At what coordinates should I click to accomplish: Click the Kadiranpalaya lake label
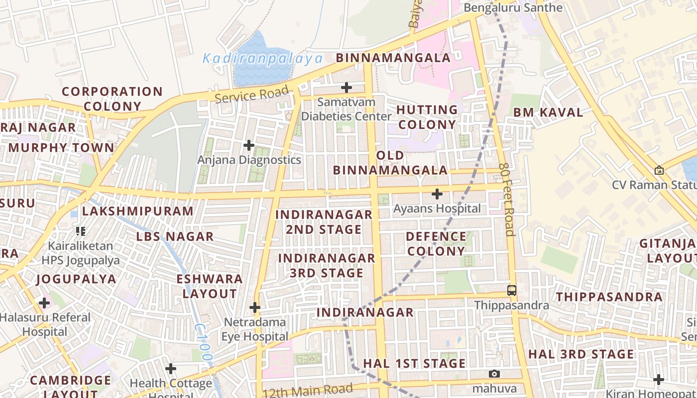pyautogui.click(x=262, y=59)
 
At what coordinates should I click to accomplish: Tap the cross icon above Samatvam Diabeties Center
pyautogui.click(x=347, y=88)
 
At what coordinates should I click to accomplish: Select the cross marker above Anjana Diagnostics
pyautogui.click(x=249, y=145)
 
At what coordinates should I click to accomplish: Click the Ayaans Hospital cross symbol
pyautogui.click(x=437, y=194)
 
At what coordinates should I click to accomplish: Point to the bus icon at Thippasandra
pyautogui.click(x=511, y=291)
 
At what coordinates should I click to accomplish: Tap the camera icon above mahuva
pyautogui.click(x=494, y=374)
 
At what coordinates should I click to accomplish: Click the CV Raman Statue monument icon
pyautogui.click(x=659, y=170)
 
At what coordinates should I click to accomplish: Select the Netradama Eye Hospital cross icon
pyautogui.click(x=255, y=307)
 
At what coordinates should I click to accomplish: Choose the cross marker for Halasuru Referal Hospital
pyautogui.click(x=44, y=302)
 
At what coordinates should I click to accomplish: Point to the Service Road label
pyautogui.click(x=252, y=94)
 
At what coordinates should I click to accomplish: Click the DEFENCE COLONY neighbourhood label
pyautogui.click(x=436, y=244)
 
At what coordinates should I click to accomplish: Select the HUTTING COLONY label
pyautogui.click(x=427, y=117)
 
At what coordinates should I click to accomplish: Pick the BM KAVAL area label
pyautogui.click(x=548, y=112)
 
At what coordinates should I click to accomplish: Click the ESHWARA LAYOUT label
pyautogui.click(x=210, y=286)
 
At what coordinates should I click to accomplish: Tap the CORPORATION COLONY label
pyautogui.click(x=112, y=99)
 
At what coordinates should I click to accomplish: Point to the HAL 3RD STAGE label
pyautogui.click(x=581, y=354)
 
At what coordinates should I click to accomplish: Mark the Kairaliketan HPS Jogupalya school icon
pyautogui.click(x=81, y=231)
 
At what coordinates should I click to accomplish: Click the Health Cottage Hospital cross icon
pyautogui.click(x=171, y=369)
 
